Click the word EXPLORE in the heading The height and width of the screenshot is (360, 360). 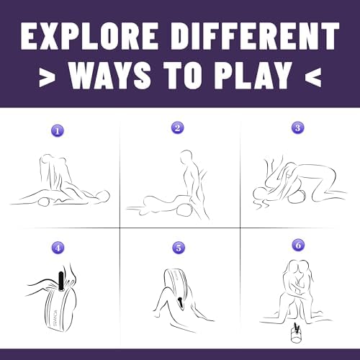89,36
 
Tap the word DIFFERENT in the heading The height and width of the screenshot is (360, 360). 256,36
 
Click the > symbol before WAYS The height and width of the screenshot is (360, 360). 47,77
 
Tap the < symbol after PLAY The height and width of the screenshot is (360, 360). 313,77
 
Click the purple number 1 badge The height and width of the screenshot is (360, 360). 58,131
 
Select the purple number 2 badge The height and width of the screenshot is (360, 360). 178,127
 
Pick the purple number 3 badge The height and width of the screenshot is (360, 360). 298,127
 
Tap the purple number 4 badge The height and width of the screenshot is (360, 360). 58,248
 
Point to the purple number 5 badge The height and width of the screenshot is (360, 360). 179,248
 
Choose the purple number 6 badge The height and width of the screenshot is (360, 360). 298,246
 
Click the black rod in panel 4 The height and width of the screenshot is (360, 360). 61,281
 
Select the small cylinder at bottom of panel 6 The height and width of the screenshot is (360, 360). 295,333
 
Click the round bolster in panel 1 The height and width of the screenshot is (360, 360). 45,202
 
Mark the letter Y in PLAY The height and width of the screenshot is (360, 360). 282,75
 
